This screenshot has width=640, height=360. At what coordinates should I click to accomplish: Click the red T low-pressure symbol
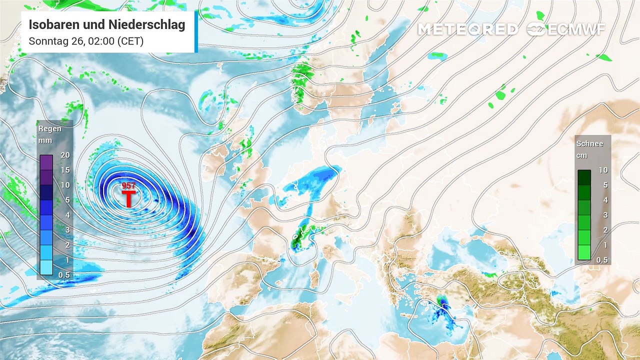point(128,198)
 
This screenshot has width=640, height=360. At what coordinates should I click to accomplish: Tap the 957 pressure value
point(128,186)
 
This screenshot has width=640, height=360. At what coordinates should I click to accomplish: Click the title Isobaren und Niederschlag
point(107,24)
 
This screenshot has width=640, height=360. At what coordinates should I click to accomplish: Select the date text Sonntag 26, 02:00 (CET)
point(86,41)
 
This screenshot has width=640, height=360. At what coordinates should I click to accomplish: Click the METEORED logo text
point(467,29)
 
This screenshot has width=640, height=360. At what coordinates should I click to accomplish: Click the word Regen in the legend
point(50,128)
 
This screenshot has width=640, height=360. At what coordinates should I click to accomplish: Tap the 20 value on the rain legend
point(65,155)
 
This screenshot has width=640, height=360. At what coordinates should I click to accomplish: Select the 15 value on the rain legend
point(65,170)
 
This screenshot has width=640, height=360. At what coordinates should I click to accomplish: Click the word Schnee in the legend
point(590,143)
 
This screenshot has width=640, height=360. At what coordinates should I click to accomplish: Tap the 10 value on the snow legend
point(603,170)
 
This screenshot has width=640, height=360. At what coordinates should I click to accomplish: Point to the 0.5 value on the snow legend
point(602,260)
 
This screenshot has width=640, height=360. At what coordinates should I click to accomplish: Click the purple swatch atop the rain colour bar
point(46,162)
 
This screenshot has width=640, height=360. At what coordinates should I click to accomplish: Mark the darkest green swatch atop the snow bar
point(584,177)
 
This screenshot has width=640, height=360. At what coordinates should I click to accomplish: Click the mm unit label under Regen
point(45,140)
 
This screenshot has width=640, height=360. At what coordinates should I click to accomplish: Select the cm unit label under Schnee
point(582,155)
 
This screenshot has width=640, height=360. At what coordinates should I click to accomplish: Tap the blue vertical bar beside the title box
point(196,32)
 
